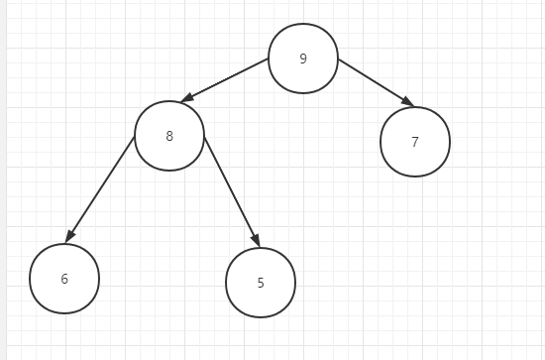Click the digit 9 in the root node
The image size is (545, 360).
[x=303, y=59]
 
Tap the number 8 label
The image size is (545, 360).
[x=169, y=136]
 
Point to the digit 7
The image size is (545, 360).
[x=415, y=142]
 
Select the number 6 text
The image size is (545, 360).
[x=64, y=279]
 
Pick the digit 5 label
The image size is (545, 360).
[x=261, y=283]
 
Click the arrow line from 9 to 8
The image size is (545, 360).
[x=225, y=80]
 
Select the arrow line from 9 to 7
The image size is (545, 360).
[x=377, y=82]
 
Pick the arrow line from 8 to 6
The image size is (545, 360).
[x=100, y=189]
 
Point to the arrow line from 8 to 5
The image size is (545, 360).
[x=232, y=192]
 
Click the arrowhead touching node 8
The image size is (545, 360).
[x=186, y=98]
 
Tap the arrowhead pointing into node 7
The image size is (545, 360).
[x=408, y=101]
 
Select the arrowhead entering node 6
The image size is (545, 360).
[x=69, y=236]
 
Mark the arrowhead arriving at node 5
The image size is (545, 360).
[x=257, y=240]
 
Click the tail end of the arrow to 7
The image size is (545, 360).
[x=339, y=60]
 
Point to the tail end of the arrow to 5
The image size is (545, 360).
[x=204, y=137]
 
